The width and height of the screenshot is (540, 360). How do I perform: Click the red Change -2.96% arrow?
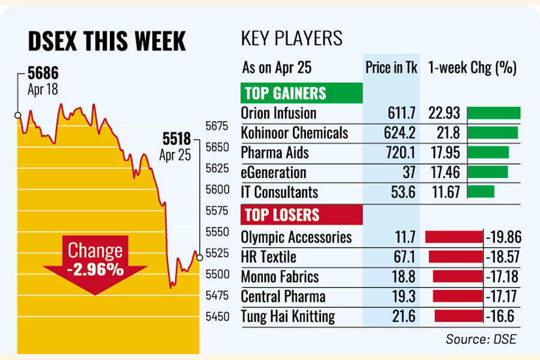pyautogui.click(x=96, y=262)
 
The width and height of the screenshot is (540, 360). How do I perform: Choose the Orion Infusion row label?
pyautogui.click(x=278, y=113)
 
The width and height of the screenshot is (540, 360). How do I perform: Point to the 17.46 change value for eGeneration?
pyautogui.click(x=444, y=173)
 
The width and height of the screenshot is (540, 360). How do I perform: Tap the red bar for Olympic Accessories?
pyautogui.click(x=454, y=236)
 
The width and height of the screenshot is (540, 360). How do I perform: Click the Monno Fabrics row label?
pyautogui.click(x=280, y=277)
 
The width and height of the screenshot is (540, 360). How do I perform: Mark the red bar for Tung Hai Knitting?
pyautogui.click(x=459, y=316)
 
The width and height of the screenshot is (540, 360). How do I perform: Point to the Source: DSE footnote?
pyautogui.click(x=481, y=340)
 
